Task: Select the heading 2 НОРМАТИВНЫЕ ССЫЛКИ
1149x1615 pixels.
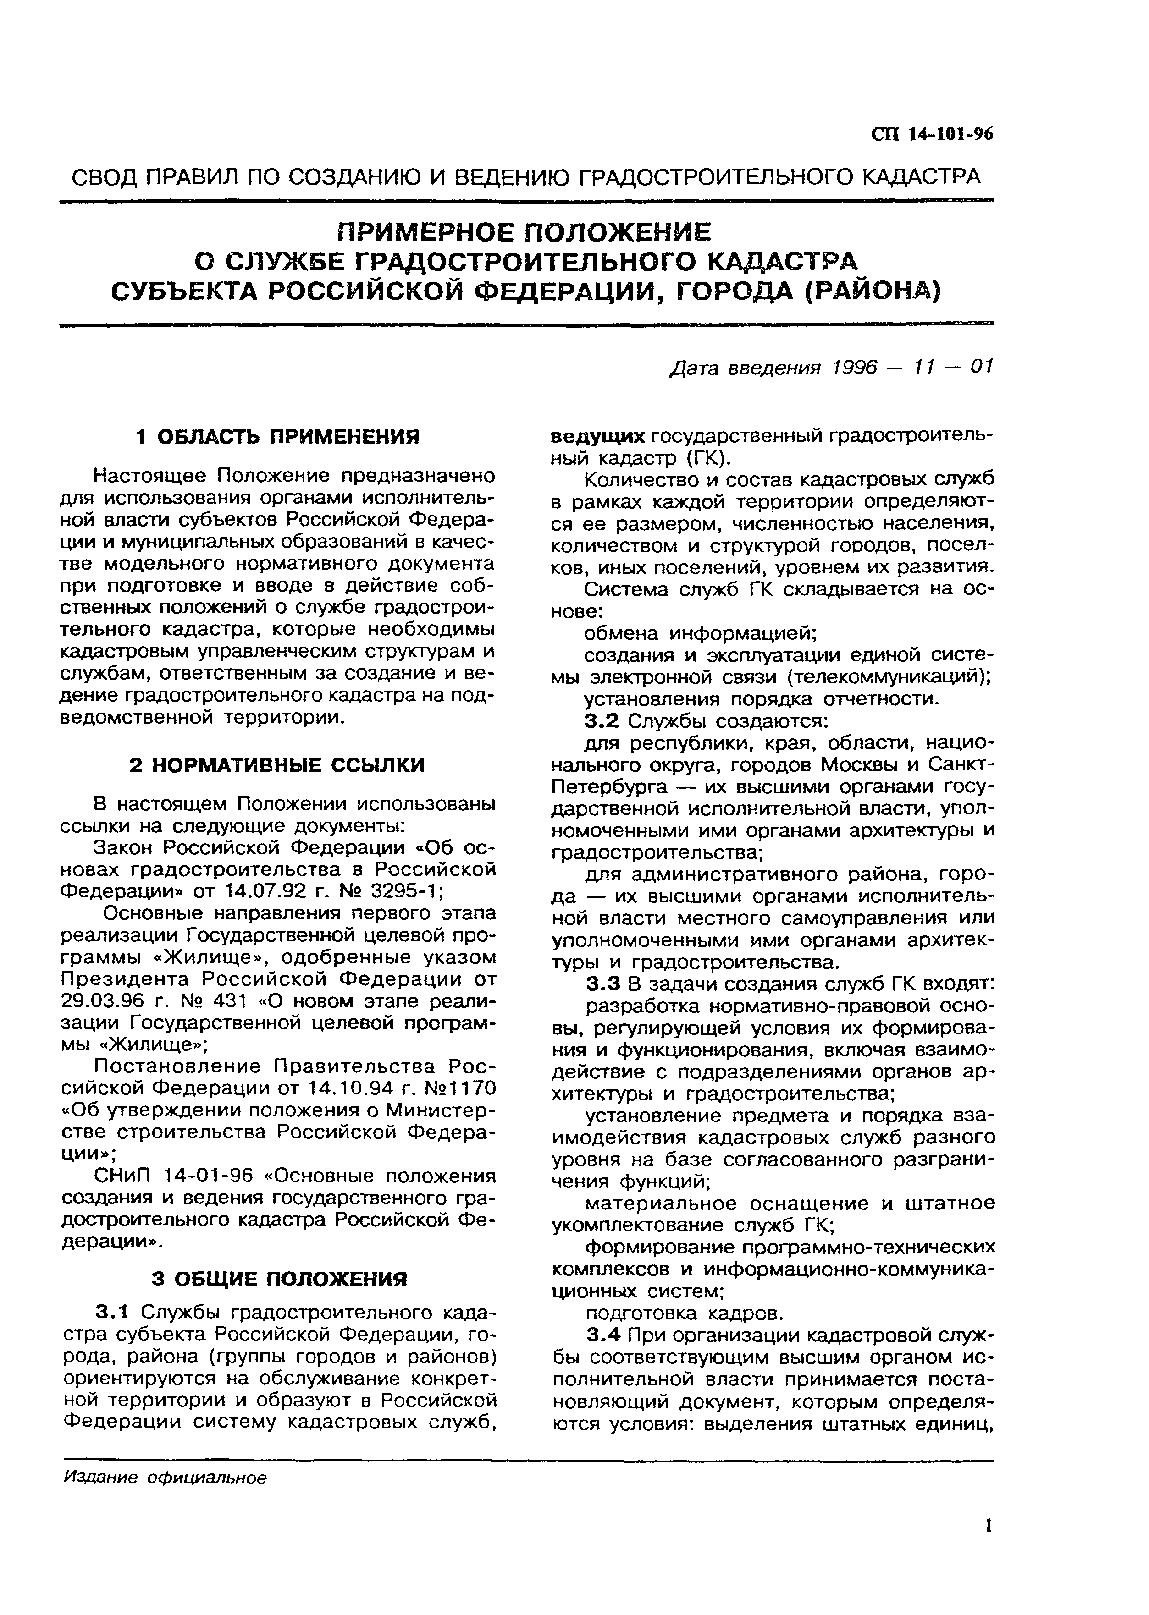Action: (277, 765)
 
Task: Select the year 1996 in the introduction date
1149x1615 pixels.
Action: (854, 367)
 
